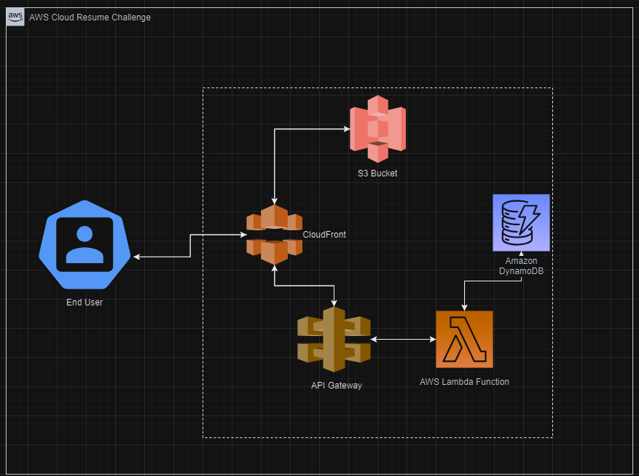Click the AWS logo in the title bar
(15, 17)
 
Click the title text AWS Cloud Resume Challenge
(90, 17)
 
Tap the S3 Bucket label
(377, 173)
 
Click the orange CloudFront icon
(274, 235)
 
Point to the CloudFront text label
(324, 235)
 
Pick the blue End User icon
(85, 243)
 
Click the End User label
(85, 302)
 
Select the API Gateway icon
(334, 339)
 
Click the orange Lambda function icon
(464, 339)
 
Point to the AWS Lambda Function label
(464, 381)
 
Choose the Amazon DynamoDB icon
(521, 222)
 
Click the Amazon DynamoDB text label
(521, 265)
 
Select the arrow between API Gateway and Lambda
(403, 339)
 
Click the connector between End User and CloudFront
(190, 246)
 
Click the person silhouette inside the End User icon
(85, 246)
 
